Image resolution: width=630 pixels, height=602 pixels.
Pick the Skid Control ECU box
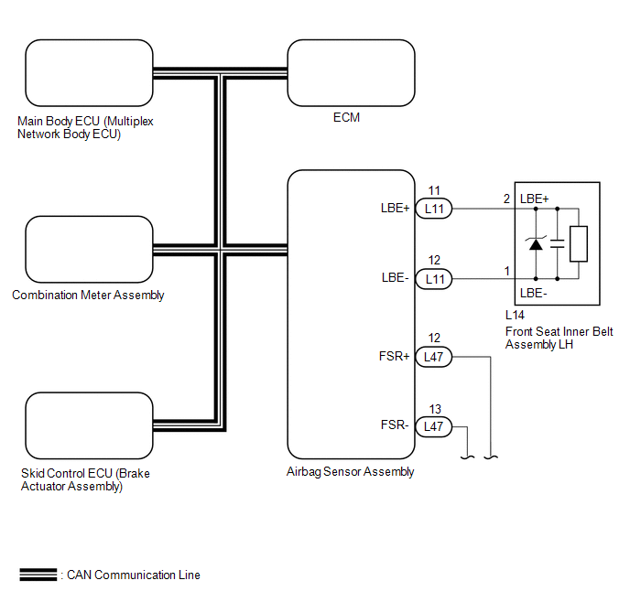(88, 426)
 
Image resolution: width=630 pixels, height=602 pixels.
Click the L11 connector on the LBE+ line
(434, 209)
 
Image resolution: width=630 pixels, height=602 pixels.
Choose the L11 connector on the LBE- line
(434, 277)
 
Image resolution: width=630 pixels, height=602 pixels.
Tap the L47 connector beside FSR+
(434, 356)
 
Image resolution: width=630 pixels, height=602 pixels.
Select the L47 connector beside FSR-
(434, 425)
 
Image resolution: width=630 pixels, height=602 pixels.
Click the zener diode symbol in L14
(536, 243)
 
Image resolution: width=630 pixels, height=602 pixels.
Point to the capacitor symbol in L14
(558, 243)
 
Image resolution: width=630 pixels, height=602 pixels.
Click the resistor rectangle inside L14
(579, 243)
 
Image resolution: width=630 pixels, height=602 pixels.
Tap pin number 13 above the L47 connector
(434, 409)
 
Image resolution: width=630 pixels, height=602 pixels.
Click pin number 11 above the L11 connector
(434, 191)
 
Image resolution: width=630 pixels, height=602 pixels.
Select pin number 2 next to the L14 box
(505, 199)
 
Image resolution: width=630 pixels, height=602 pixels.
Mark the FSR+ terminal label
(395, 356)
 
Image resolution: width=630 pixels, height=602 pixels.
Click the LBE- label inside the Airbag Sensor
(395, 277)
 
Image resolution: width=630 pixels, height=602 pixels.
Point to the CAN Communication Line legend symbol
(38, 575)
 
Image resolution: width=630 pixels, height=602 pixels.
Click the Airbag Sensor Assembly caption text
(351, 472)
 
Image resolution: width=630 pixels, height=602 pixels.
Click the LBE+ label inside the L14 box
(535, 199)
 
